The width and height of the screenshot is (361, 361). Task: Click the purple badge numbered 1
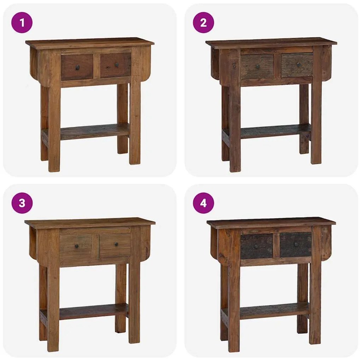[x=22, y=23]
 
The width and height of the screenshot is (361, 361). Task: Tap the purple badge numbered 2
[x=203, y=23]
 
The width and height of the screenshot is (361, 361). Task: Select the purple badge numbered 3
[x=22, y=203]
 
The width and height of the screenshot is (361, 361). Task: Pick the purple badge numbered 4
[x=203, y=203]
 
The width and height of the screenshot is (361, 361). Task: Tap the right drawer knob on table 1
[x=117, y=65]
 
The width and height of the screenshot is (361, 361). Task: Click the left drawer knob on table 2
[x=258, y=67]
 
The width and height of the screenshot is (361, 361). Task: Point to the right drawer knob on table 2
[x=299, y=65]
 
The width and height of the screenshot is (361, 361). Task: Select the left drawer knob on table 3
[x=77, y=246]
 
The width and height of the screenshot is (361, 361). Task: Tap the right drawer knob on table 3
[x=116, y=244]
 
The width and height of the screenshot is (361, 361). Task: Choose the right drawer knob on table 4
[x=296, y=244]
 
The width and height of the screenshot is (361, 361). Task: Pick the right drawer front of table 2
[x=297, y=65]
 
